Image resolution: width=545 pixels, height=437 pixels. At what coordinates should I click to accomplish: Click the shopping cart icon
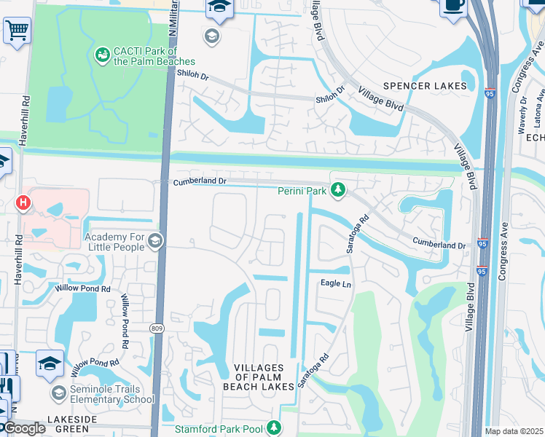tap(16, 31)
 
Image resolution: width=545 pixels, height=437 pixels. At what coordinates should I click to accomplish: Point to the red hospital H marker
tap(24, 202)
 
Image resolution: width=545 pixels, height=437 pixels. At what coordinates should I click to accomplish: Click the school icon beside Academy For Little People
tap(154, 240)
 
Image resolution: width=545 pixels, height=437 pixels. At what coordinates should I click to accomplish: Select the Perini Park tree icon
tap(337, 190)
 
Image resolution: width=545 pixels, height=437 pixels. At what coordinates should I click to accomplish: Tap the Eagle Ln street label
tap(337, 283)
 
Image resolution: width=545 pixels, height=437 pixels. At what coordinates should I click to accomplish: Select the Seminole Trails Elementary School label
tap(112, 394)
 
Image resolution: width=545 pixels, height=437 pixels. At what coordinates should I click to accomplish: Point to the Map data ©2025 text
tap(514, 431)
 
